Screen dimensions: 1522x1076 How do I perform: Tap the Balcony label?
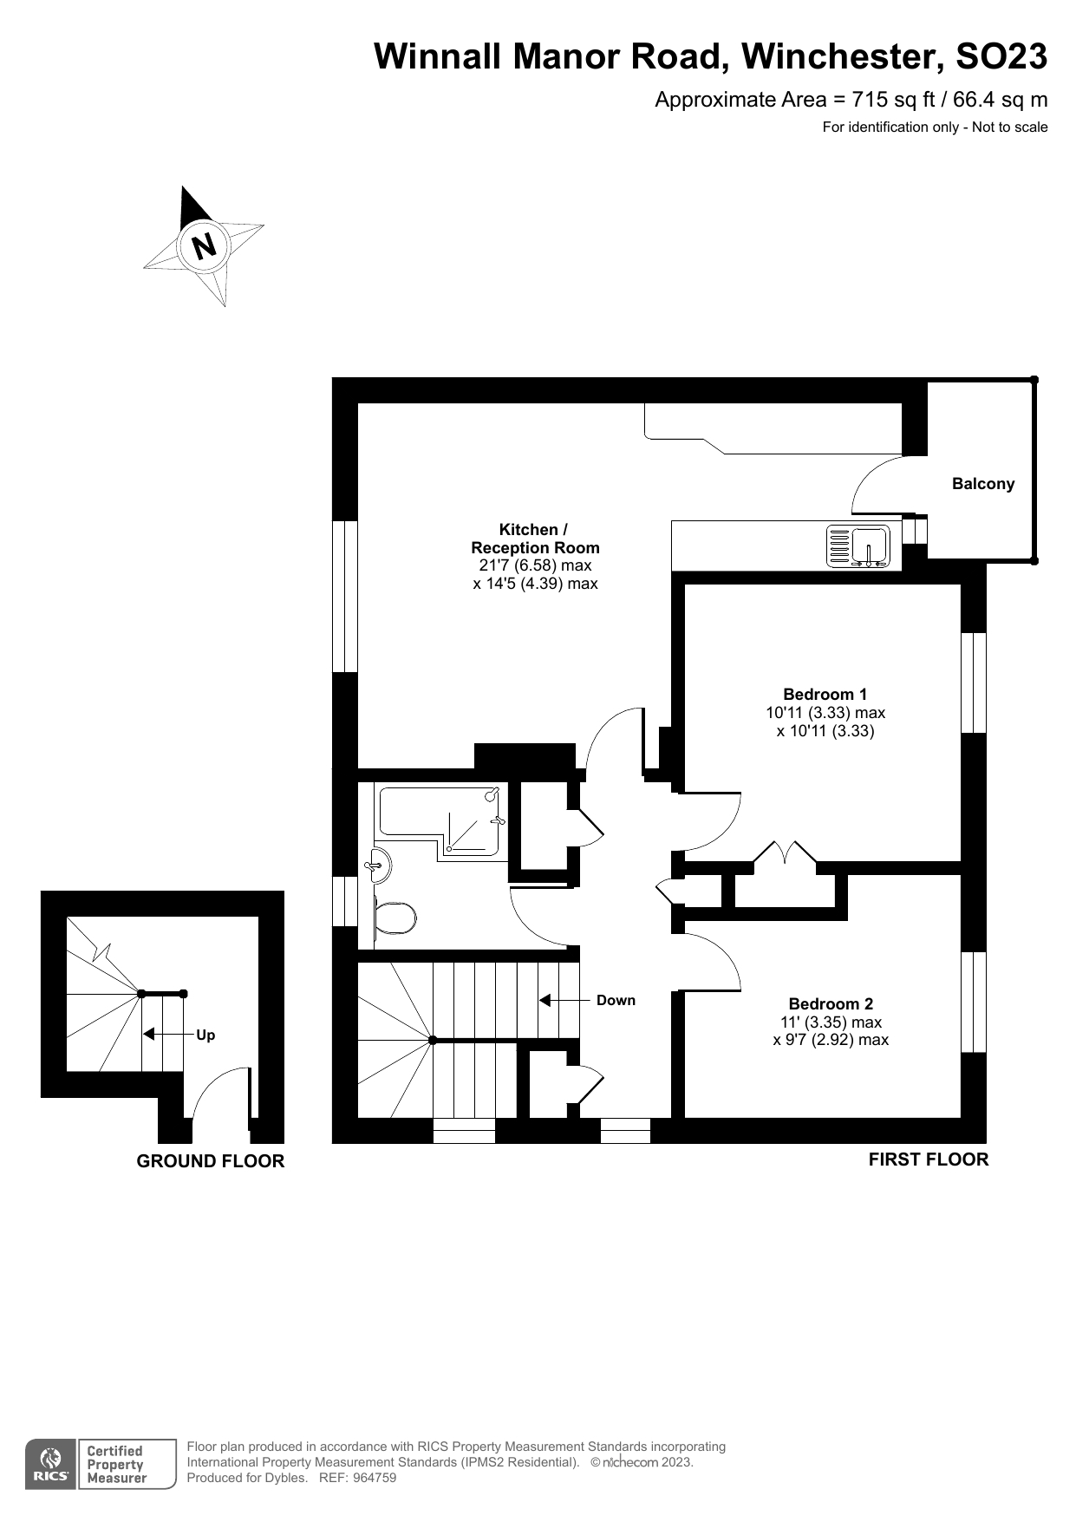click(982, 484)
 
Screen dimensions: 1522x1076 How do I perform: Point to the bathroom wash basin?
click(379, 865)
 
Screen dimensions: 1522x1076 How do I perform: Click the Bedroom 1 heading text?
click(825, 694)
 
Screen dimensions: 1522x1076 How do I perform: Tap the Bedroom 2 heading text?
click(831, 1003)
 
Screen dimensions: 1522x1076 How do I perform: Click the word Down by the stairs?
click(616, 1000)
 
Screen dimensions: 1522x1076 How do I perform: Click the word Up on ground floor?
click(205, 1035)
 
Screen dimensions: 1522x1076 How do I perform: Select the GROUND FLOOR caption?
click(210, 1160)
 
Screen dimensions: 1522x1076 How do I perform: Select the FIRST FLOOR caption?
click(928, 1159)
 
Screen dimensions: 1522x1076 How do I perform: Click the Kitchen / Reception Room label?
click(535, 539)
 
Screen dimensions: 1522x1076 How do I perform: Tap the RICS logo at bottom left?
click(50, 1465)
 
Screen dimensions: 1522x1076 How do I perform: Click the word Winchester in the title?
click(838, 56)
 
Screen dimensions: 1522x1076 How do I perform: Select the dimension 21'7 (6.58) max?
click(535, 565)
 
